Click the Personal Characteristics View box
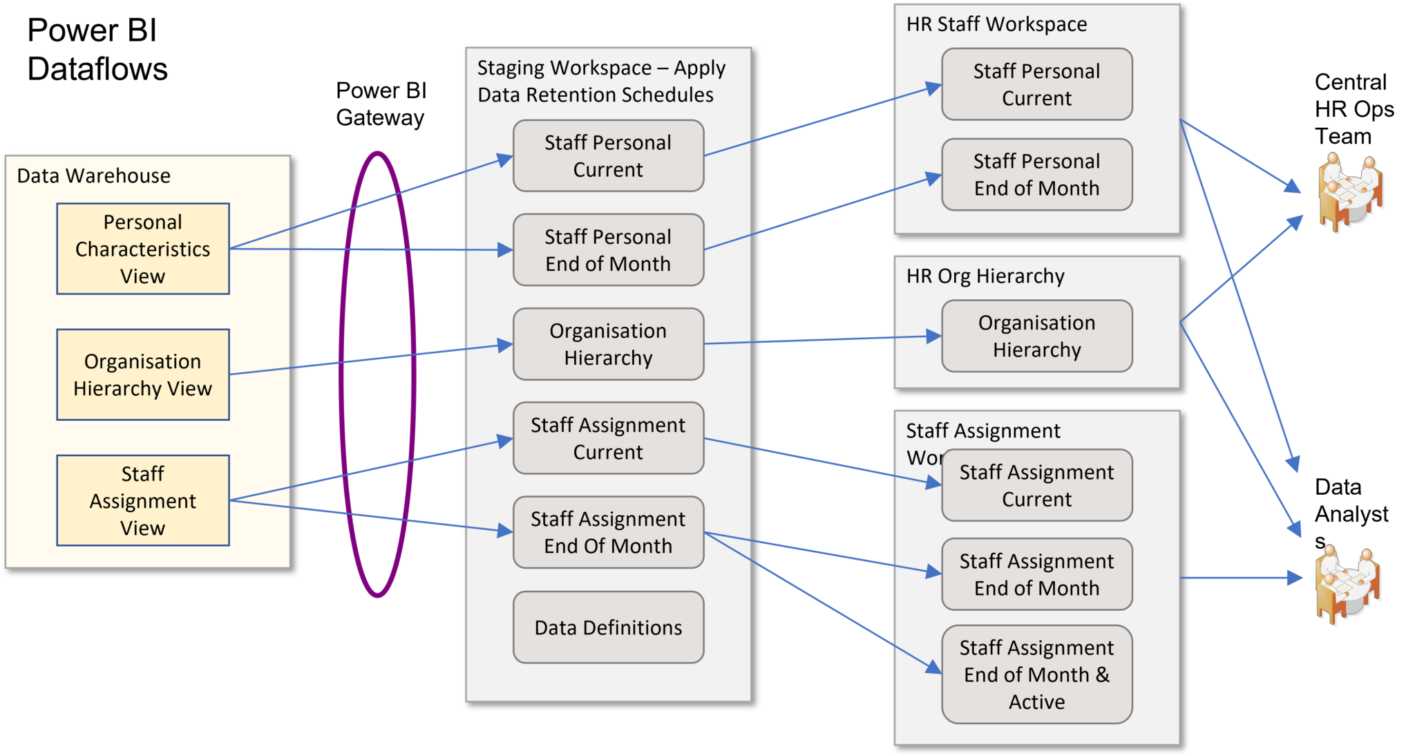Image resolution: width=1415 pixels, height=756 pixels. coord(143,249)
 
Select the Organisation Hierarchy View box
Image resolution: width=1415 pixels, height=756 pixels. coord(143,375)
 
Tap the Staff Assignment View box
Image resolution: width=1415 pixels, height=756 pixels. coord(143,500)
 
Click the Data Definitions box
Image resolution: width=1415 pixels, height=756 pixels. coord(608,627)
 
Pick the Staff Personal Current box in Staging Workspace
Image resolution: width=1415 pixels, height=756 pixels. coord(608,156)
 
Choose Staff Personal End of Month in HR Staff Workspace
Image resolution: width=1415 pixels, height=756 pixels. coord(1036,175)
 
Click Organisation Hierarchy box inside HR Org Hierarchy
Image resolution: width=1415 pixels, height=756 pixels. coord(1036,337)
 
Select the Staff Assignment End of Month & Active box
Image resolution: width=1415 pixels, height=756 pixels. coord(1036,674)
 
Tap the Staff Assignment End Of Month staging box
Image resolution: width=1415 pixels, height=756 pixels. coord(608,532)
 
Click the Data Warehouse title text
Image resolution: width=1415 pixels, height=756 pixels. coord(94,176)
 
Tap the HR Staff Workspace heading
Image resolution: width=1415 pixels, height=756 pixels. coord(996,25)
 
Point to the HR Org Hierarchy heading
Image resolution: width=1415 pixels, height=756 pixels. coord(985,276)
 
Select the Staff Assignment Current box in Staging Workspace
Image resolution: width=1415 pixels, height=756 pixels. coord(608,438)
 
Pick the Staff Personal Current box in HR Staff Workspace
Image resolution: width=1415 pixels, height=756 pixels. coord(1036,84)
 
